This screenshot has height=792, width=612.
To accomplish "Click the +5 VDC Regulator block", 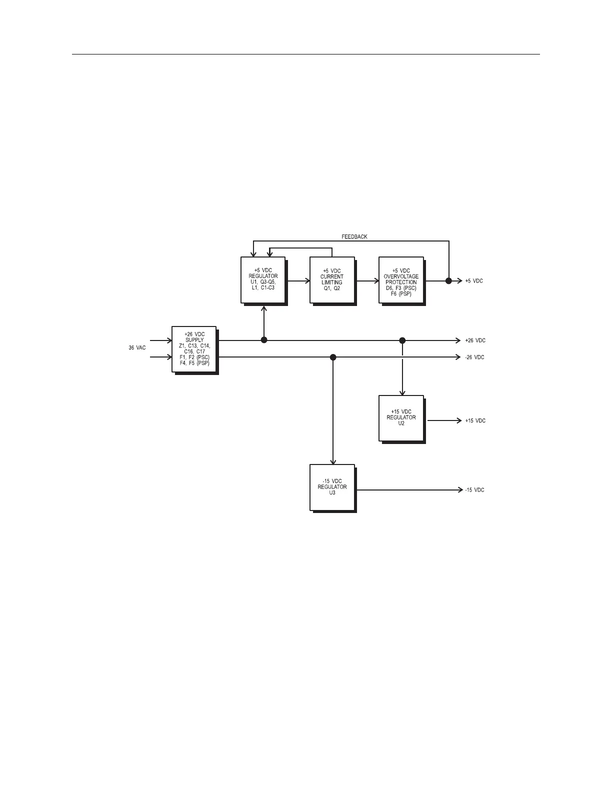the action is coord(263,279).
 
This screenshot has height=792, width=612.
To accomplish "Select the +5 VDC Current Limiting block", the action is coord(332,279).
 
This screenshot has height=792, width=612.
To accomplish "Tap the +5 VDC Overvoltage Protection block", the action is coord(401,279).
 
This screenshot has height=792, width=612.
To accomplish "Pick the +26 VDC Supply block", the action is coord(194,348).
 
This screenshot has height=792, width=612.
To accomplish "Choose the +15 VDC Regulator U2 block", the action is coord(401,418).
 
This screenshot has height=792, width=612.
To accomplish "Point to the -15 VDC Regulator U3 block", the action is coord(332,487).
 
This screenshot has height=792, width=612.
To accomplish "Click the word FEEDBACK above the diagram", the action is coord(354,236).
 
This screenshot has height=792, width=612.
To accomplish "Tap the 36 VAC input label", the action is coord(137,347).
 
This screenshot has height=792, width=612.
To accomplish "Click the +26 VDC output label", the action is coord(475,340).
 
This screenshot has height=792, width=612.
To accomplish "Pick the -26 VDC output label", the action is coord(474,357).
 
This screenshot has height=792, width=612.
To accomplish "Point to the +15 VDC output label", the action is coord(475,421).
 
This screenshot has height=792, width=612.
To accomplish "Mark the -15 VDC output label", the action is coord(474,490).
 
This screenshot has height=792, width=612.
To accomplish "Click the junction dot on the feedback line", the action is coord(448,281).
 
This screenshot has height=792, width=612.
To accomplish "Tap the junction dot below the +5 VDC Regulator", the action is coord(264,340).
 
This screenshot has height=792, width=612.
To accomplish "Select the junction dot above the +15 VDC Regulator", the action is coord(402,340).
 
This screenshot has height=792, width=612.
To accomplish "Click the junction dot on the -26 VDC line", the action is coord(333,357).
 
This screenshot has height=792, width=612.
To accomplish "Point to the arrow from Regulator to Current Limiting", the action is coord(298,281).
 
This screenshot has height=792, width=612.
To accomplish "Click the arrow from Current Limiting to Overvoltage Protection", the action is coord(367,281).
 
